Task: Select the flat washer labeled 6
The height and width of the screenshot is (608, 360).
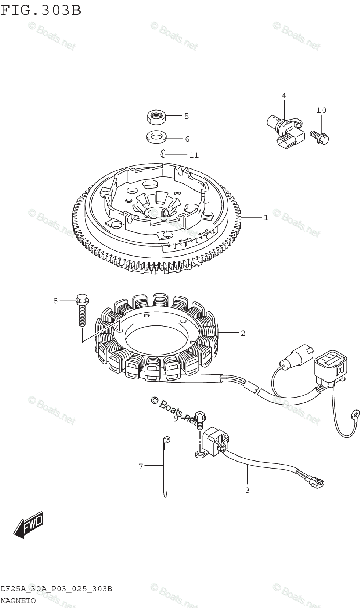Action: pos(156,137)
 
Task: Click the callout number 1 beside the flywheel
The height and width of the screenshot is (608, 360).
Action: pos(265,218)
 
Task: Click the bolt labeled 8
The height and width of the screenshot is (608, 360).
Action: pos(83,311)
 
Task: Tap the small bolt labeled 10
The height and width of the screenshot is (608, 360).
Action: pos(318,135)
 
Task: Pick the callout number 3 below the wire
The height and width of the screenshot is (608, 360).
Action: pos(247,490)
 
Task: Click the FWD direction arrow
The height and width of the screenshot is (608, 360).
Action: pos(28,524)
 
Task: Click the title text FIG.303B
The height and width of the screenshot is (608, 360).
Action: pos(41,10)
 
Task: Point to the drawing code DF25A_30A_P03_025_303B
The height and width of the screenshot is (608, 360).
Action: pos(56,589)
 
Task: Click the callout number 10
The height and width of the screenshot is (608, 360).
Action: pos(321,110)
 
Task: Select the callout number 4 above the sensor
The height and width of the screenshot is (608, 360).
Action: pos(284,95)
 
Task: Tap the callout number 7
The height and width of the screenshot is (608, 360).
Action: pos(141,465)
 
